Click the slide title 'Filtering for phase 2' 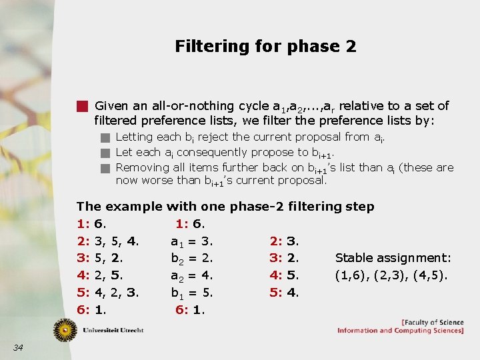pyautogui.click(x=265, y=47)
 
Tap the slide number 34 pyautogui.click(x=18, y=347)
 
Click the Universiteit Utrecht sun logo pyautogui.click(x=65, y=329)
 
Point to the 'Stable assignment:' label pyautogui.click(x=393, y=258)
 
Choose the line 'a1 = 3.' pyautogui.click(x=192, y=241)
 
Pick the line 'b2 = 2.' pyautogui.click(x=192, y=258)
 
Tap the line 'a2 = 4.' pyautogui.click(x=192, y=275)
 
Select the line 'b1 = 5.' pyautogui.click(x=192, y=293)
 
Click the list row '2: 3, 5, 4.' pyautogui.click(x=107, y=241)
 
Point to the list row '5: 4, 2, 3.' pyautogui.click(x=107, y=293)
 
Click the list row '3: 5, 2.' pyautogui.click(x=98, y=258)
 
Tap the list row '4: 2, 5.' pyautogui.click(x=98, y=275)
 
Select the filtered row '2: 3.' pyautogui.click(x=285, y=241)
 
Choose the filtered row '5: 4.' pyautogui.click(x=285, y=293)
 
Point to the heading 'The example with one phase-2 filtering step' pyautogui.click(x=225, y=207)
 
